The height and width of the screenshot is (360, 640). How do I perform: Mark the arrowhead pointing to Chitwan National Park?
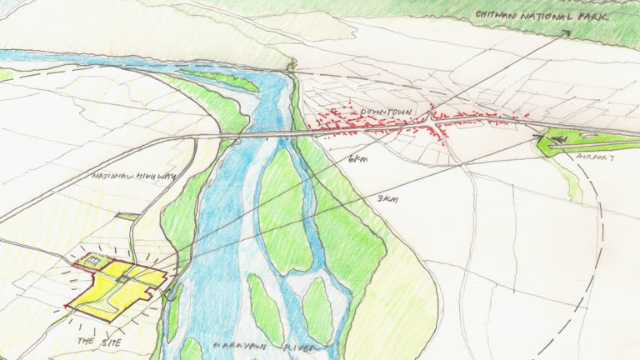pos(567,33)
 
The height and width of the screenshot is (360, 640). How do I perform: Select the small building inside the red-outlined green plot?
pos(92,262)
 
